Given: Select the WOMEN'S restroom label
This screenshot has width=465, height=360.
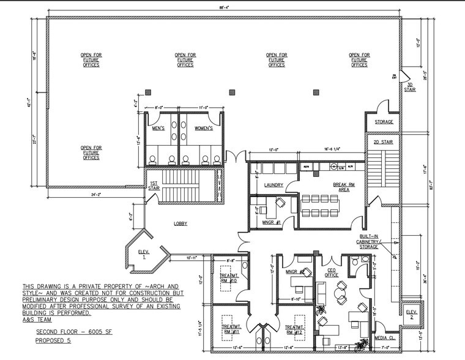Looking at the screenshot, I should coord(203,129).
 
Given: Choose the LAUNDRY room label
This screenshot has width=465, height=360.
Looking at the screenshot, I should coord(273,185).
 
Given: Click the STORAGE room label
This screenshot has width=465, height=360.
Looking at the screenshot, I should coord(384,122).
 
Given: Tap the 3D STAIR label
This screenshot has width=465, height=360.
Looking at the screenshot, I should coord(409,87).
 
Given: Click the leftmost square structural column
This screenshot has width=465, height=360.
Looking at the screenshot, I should coord(232,92).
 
